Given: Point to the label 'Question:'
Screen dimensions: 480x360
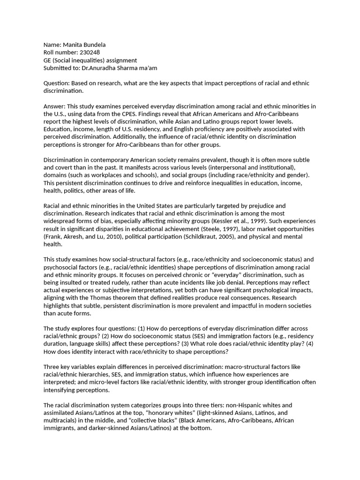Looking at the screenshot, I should coord(56,83).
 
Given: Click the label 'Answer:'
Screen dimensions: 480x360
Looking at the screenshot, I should coord(54,106).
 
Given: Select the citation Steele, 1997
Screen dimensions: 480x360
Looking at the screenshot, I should coord(217,228).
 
